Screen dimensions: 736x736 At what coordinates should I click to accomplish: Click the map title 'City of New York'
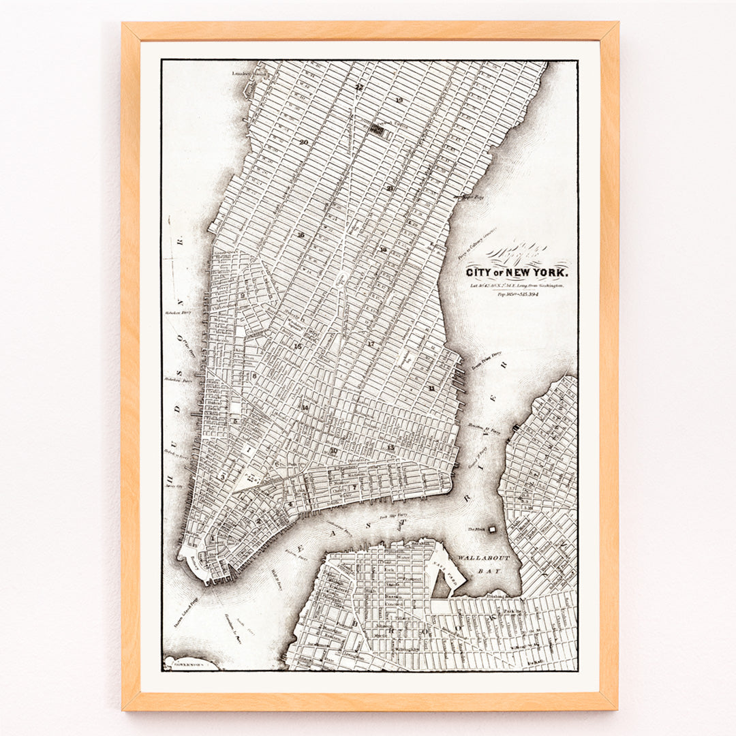(x=516, y=273)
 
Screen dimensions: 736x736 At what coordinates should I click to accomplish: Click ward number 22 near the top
(x=358, y=87)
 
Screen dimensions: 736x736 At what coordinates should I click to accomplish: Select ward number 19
(x=399, y=101)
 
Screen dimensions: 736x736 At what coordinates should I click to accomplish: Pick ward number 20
(x=304, y=142)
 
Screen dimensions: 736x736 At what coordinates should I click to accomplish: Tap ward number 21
(x=390, y=188)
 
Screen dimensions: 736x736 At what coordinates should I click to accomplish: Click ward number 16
(x=300, y=234)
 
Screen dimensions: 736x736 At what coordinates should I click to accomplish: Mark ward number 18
(x=383, y=249)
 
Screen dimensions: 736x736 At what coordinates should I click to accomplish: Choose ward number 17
(x=371, y=344)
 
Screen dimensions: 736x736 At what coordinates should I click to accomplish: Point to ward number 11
(x=431, y=388)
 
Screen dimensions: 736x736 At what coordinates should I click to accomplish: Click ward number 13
(x=390, y=447)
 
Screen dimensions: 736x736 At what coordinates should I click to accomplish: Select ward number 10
(x=333, y=450)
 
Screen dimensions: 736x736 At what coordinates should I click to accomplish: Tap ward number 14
(x=305, y=408)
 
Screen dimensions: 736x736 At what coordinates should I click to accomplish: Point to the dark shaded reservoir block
(x=377, y=127)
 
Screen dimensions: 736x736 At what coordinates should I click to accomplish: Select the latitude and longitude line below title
(x=517, y=286)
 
